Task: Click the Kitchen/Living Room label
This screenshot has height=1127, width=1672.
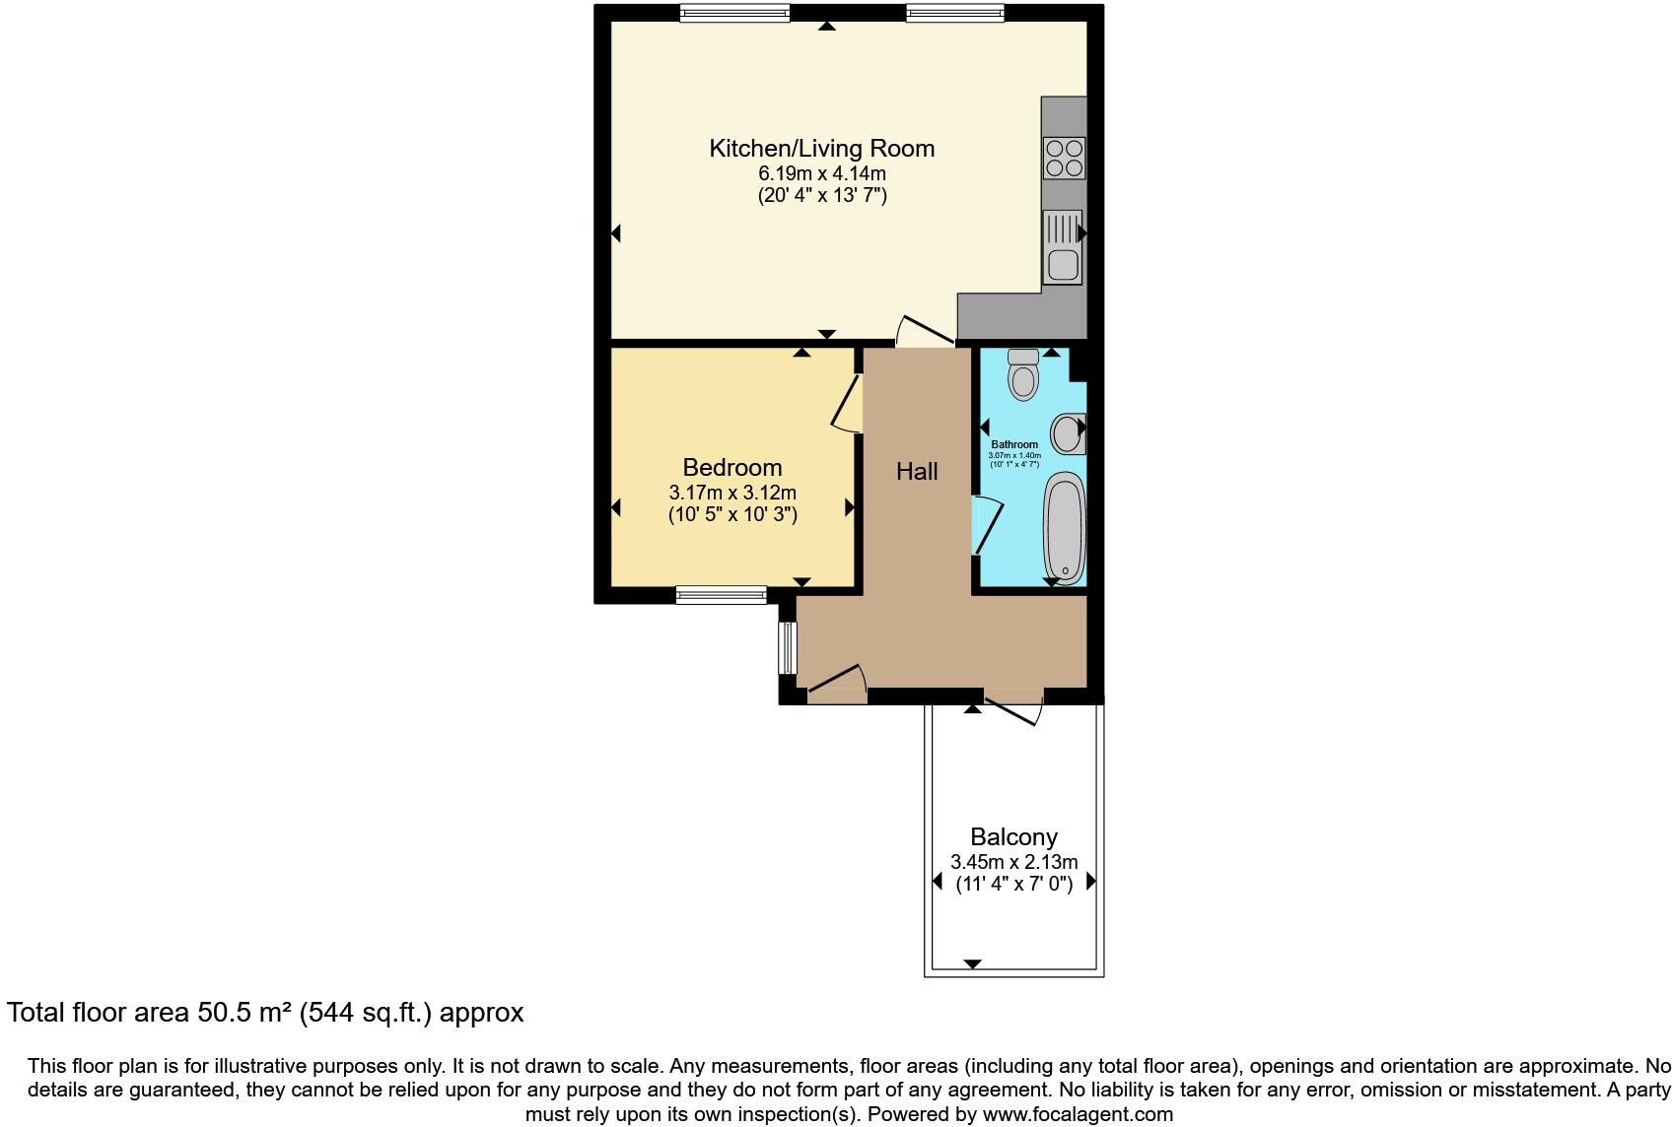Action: pos(821,149)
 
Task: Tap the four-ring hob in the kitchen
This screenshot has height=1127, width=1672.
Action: pos(1065,158)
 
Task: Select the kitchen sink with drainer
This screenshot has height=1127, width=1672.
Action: pos(1062,247)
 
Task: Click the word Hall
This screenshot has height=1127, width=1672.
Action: pos(917,472)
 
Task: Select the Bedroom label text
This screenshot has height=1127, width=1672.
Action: pos(732,468)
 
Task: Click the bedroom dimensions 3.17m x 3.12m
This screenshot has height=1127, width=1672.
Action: pos(732,493)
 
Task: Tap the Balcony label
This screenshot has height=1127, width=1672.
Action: pos(1013,837)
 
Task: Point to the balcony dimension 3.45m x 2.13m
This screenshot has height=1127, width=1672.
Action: pos(1013,862)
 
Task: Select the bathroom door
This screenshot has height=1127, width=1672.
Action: pos(987,526)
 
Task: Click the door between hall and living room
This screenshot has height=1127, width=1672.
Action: pos(925,331)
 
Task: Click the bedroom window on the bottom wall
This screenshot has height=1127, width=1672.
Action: pos(721,594)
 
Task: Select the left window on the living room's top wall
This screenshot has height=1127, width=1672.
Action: pos(734,13)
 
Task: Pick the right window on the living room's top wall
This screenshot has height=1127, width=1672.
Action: pos(954,13)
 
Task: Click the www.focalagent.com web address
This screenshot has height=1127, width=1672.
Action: pos(1078,1115)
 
